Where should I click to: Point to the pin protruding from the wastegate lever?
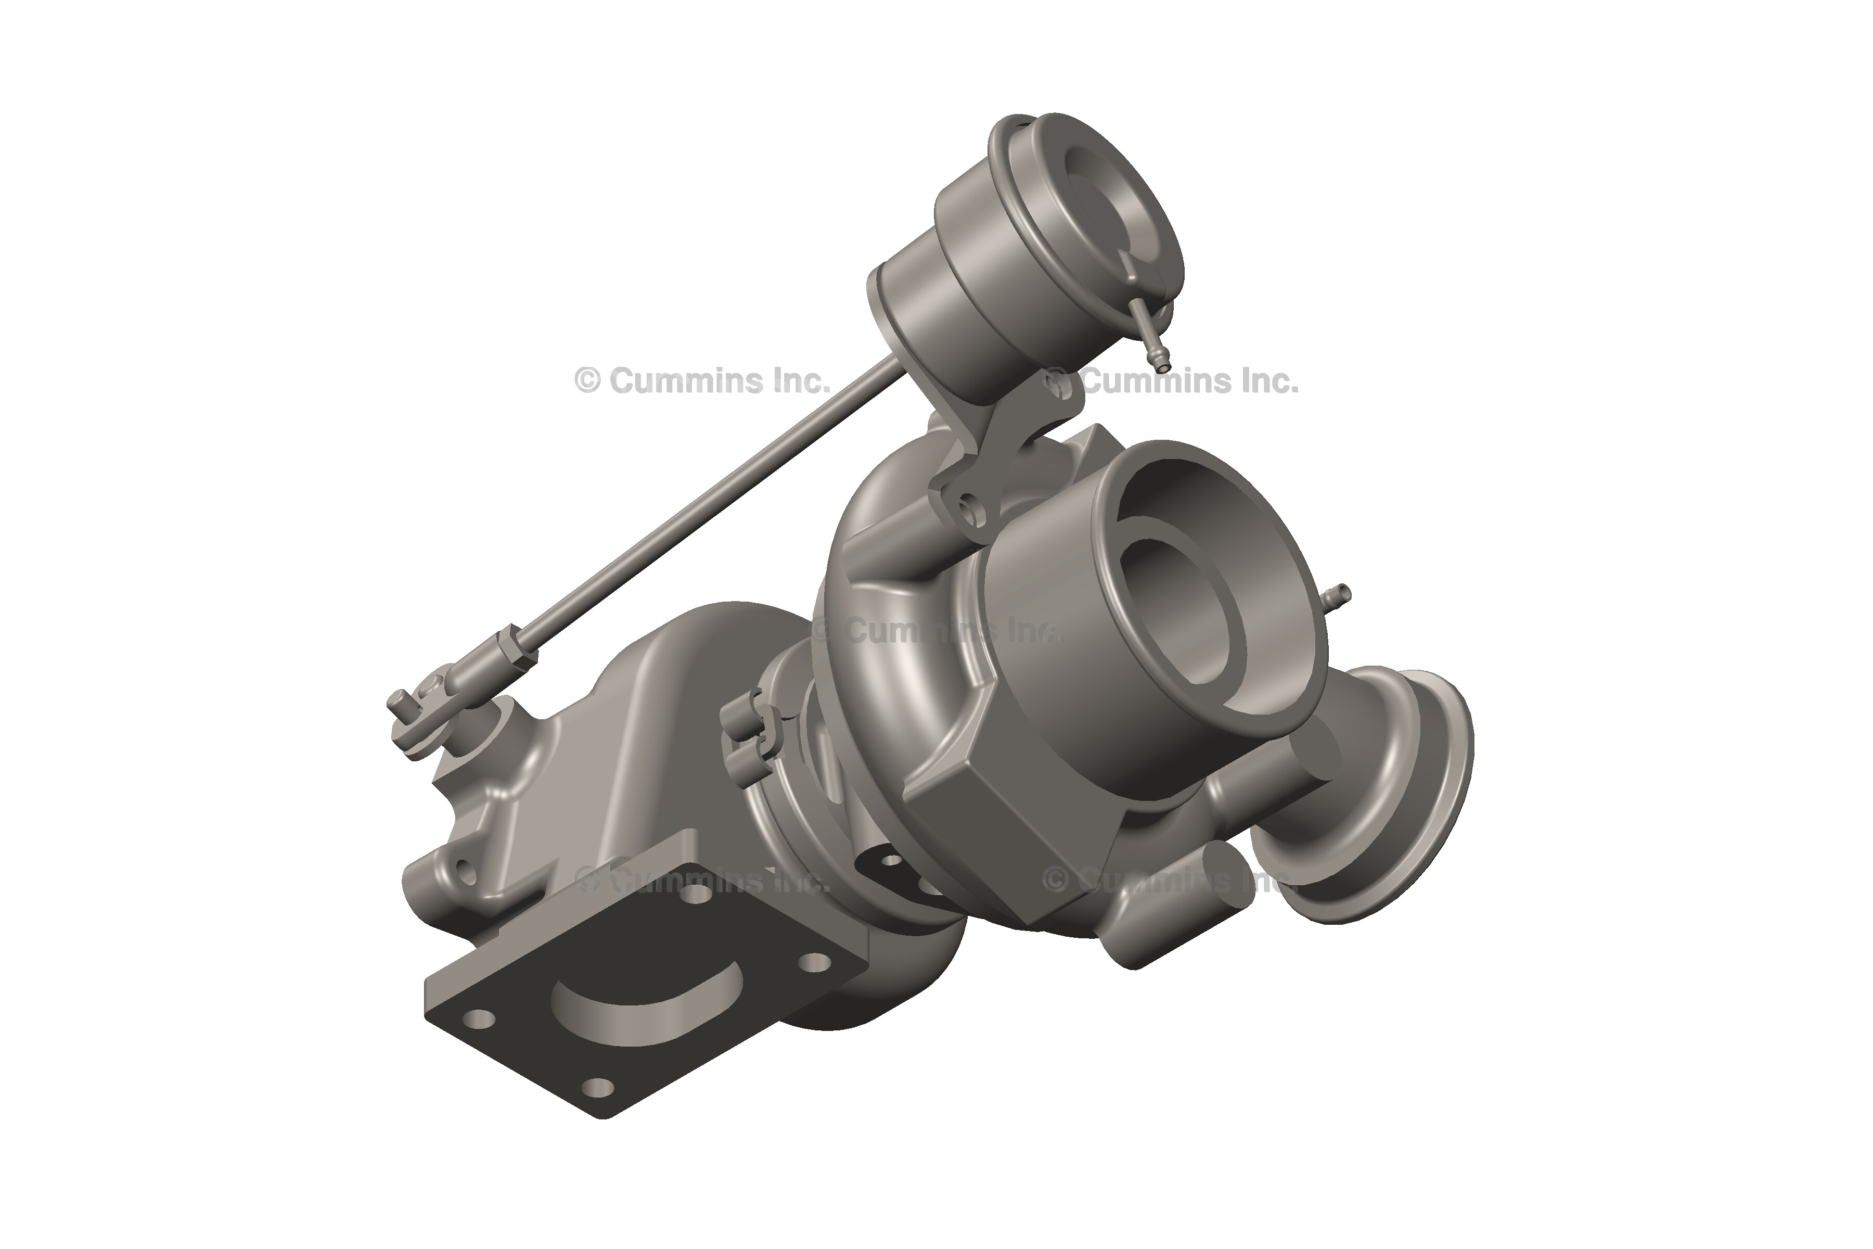click(x=396, y=703)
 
